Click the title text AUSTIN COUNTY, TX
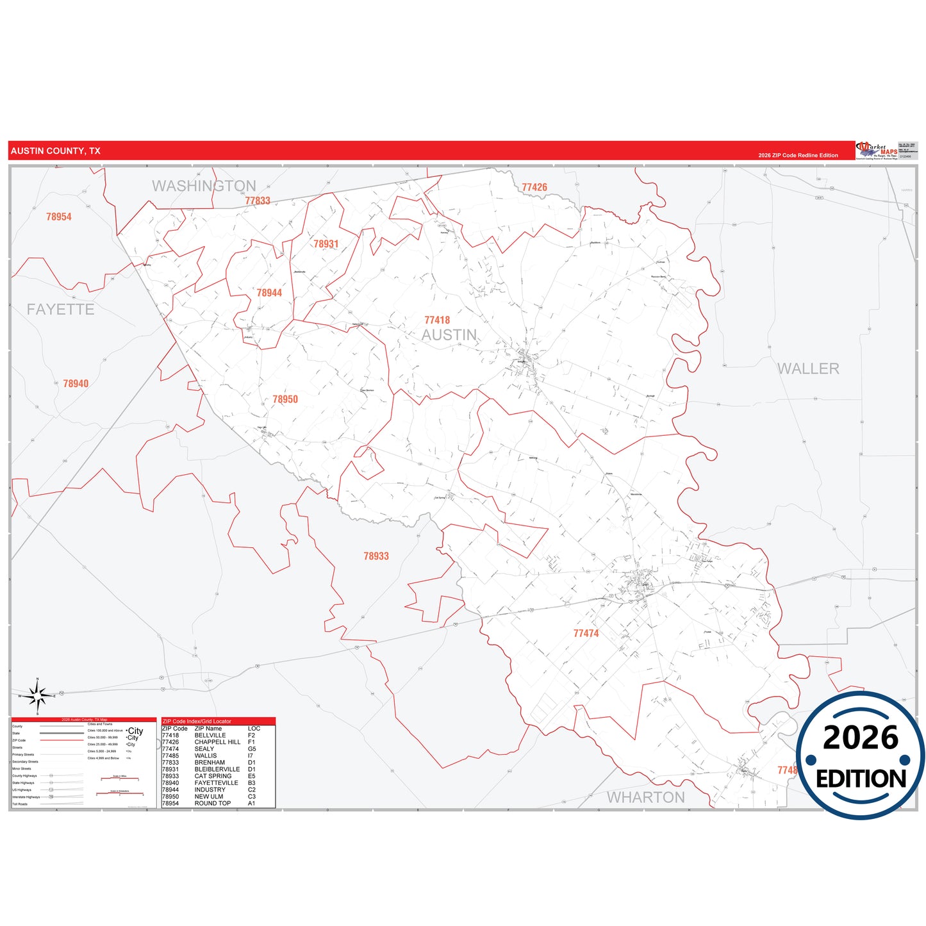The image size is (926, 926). (x=56, y=151)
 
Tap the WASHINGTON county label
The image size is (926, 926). (x=204, y=186)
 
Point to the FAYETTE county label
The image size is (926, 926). (x=60, y=310)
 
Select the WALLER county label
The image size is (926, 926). (x=808, y=368)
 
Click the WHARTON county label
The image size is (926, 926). (x=646, y=797)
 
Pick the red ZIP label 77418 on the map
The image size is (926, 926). (x=437, y=320)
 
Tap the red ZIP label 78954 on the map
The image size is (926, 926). (x=59, y=217)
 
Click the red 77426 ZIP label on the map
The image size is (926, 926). (x=534, y=187)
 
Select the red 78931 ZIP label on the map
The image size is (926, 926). (x=326, y=244)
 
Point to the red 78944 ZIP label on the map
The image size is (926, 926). (x=269, y=293)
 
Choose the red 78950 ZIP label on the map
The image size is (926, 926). (x=285, y=399)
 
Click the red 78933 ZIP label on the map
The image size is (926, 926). (x=376, y=556)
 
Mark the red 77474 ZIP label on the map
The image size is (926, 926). (x=586, y=633)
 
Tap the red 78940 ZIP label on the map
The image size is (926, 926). (x=76, y=383)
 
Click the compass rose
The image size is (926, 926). (x=38, y=695)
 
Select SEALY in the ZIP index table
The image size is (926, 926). (x=204, y=748)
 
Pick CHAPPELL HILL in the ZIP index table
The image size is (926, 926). (x=217, y=742)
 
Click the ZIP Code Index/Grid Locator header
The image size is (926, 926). (x=197, y=721)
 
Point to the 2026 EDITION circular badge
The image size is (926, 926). (x=861, y=756)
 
